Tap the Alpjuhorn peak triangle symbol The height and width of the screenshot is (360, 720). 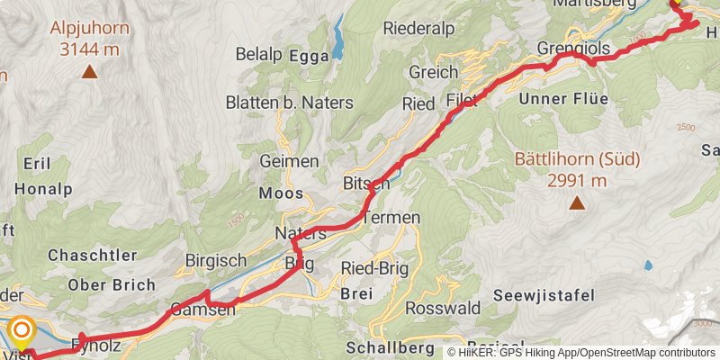(90, 71)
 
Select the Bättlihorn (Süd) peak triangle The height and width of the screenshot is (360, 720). (577, 202)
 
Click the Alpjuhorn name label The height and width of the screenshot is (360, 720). (90, 28)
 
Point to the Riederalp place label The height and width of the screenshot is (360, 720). (415, 28)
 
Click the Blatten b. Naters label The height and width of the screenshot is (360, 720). (276, 103)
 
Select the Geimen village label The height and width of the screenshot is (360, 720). (289, 162)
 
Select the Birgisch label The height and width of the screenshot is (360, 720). (216, 261)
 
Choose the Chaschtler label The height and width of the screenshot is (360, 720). (92, 256)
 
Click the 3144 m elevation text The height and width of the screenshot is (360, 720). (90, 49)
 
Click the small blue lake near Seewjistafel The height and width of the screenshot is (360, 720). (648, 265)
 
